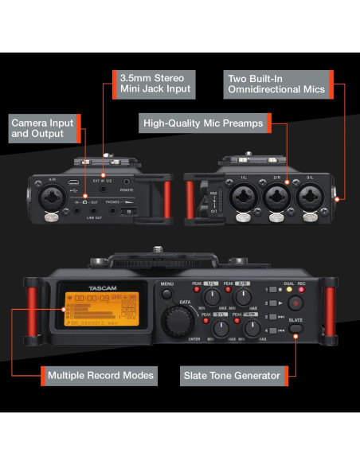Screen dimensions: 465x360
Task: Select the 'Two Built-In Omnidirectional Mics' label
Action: coord(276,84)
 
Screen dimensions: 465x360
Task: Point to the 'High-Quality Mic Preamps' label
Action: coord(203,123)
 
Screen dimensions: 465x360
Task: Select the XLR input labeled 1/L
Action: coord(240,194)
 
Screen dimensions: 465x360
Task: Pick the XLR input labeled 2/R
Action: coord(276,194)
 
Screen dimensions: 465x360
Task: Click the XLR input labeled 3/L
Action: coord(311,194)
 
